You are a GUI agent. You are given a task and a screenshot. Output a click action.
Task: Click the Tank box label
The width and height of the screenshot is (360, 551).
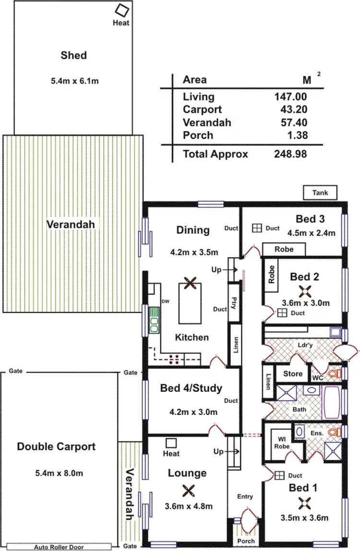[320, 193]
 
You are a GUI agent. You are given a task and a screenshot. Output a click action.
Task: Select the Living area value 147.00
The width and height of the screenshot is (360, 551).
[290, 97]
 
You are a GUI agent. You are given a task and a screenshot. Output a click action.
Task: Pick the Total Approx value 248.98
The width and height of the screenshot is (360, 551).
[290, 154]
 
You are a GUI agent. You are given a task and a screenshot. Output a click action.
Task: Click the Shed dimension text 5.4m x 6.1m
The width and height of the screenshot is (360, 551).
[75, 81]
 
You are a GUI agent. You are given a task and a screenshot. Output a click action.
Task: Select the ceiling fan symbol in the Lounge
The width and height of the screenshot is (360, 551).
[188, 490]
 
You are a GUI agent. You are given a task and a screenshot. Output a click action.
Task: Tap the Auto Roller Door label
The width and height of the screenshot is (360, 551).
[59, 547]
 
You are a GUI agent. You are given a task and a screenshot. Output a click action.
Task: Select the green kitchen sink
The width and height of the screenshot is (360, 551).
[154, 320]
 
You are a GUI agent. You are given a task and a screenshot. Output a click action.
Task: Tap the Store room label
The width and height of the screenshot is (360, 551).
[293, 373]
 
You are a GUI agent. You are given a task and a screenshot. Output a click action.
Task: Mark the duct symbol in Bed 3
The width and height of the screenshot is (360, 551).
[257, 228]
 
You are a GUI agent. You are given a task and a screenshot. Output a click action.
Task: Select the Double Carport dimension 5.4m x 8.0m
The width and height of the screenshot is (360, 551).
[59, 473]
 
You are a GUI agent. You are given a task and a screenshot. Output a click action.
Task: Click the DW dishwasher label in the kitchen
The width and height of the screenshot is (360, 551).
[165, 302]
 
